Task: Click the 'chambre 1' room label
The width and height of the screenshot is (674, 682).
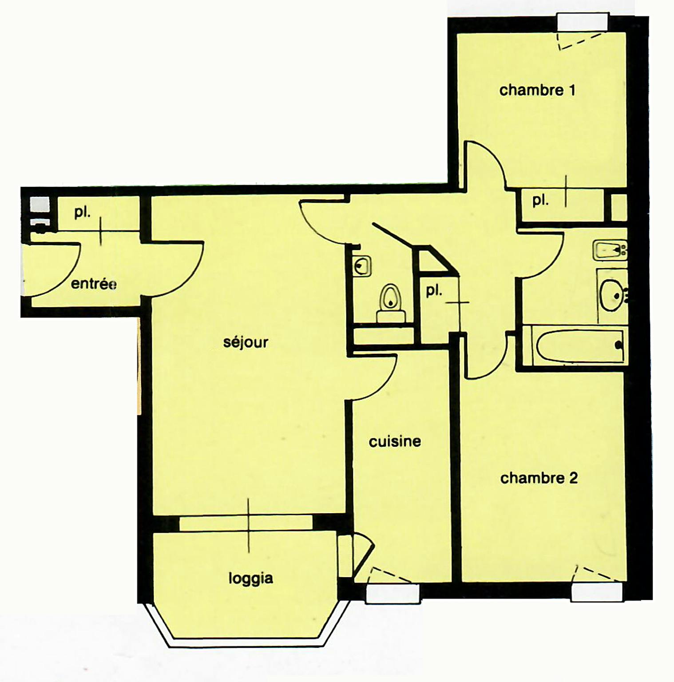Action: point(537,90)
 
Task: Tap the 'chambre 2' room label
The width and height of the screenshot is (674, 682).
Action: point(539,478)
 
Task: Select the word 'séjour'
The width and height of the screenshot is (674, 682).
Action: point(246,342)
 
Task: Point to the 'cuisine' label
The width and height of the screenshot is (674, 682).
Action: point(395,441)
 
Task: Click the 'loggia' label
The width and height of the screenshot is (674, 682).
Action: point(250,579)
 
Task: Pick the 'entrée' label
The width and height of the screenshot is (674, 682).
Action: point(94,284)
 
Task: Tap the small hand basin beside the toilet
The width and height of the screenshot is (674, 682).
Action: point(362,266)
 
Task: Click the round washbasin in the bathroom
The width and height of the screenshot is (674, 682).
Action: point(613,294)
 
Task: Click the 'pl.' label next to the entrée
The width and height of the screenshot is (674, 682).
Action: point(82,212)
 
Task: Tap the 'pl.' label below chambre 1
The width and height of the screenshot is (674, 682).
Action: point(540,201)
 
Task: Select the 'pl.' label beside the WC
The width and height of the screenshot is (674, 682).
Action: point(434,291)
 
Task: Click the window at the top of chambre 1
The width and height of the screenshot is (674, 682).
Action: point(583,22)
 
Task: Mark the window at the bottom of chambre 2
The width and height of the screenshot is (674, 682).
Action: point(597,592)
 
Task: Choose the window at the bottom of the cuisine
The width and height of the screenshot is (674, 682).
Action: point(393,594)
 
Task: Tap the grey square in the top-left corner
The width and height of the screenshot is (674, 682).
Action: point(40,205)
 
